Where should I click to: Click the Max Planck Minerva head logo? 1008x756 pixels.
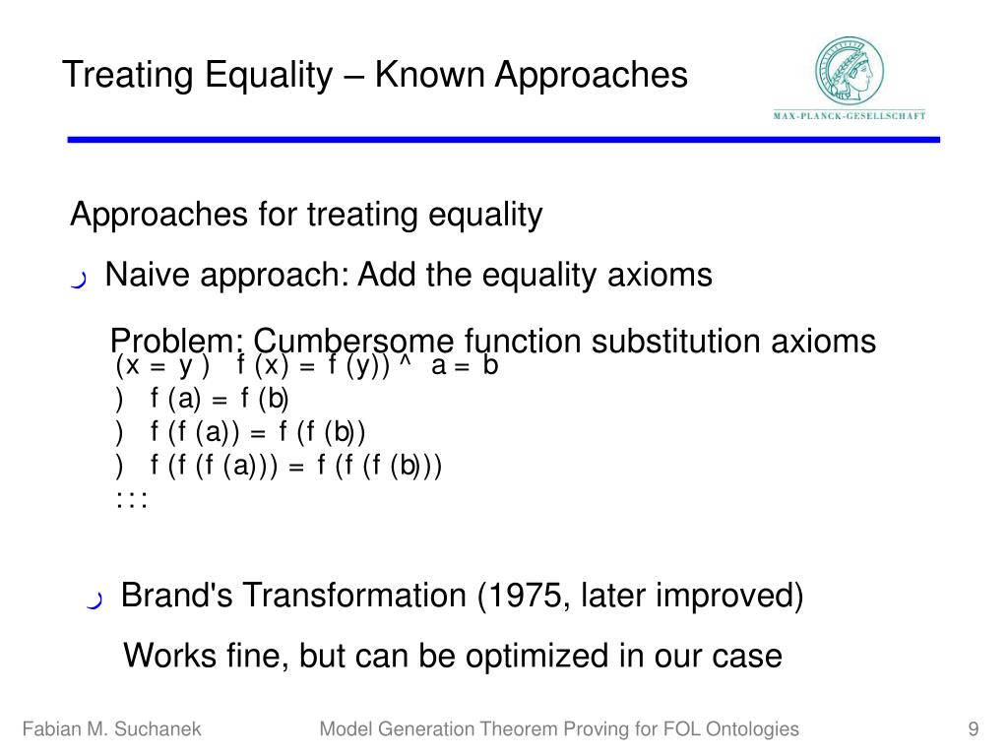point(850,71)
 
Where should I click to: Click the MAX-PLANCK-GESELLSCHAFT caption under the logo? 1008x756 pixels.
point(850,116)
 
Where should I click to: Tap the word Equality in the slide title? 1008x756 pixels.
point(270,76)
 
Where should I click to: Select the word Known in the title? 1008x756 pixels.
point(429,75)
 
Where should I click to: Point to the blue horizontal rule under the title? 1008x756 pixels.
point(503,140)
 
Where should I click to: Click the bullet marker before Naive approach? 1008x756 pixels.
point(79,280)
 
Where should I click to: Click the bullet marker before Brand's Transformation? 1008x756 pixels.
point(94,599)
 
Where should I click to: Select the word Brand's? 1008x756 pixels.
point(177,595)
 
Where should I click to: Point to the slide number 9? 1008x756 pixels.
point(974,729)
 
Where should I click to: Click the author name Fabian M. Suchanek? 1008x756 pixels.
point(112,729)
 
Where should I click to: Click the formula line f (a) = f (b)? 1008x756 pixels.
point(202,399)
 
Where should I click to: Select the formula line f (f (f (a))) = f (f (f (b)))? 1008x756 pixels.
point(279,466)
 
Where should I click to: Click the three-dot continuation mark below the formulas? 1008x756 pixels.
point(132,499)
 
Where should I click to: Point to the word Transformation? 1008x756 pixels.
point(354,595)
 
